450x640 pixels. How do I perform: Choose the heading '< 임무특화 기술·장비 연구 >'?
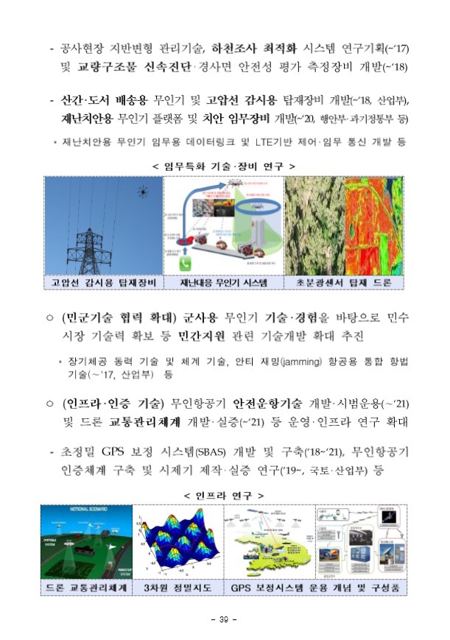coord(224,166)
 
